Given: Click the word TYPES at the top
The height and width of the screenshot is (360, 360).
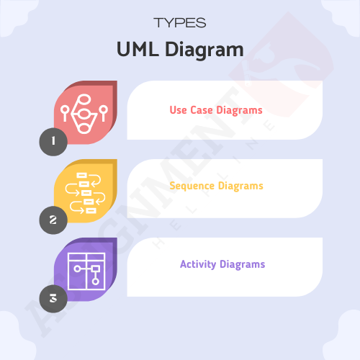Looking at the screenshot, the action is pos(180,23).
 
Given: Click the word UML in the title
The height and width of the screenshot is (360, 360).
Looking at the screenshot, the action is pos(138,49).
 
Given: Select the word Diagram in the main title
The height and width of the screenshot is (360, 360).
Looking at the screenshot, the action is pos(204,50).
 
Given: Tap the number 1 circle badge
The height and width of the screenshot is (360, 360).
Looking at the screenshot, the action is pos(53,142).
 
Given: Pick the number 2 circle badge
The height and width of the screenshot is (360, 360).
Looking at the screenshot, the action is pos(53,220).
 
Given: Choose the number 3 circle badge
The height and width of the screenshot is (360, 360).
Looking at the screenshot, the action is pos(53,299).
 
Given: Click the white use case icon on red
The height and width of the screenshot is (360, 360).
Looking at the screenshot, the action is pos(84,114).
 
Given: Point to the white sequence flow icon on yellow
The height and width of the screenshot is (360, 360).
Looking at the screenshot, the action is pos(85,193).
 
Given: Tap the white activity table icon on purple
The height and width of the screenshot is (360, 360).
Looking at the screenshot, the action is pos(86,271).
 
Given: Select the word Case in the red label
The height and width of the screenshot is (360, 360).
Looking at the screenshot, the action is pos(202,110).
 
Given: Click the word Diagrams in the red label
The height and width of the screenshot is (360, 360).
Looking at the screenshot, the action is pos(239,111).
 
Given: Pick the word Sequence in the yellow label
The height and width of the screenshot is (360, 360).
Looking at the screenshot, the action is pos(192,186).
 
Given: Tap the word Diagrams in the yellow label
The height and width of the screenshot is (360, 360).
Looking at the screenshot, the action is pos(240,186).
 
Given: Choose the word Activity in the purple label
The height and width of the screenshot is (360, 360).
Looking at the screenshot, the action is pos(198,264).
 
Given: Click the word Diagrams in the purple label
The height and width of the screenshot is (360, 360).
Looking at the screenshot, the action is pos(243,264).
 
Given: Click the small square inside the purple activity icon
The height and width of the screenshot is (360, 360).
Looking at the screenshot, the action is pos(96,269).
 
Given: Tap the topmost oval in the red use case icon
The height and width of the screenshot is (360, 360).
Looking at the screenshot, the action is pos(84,99).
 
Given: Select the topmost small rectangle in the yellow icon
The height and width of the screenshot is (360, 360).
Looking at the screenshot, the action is pos(81,176).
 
